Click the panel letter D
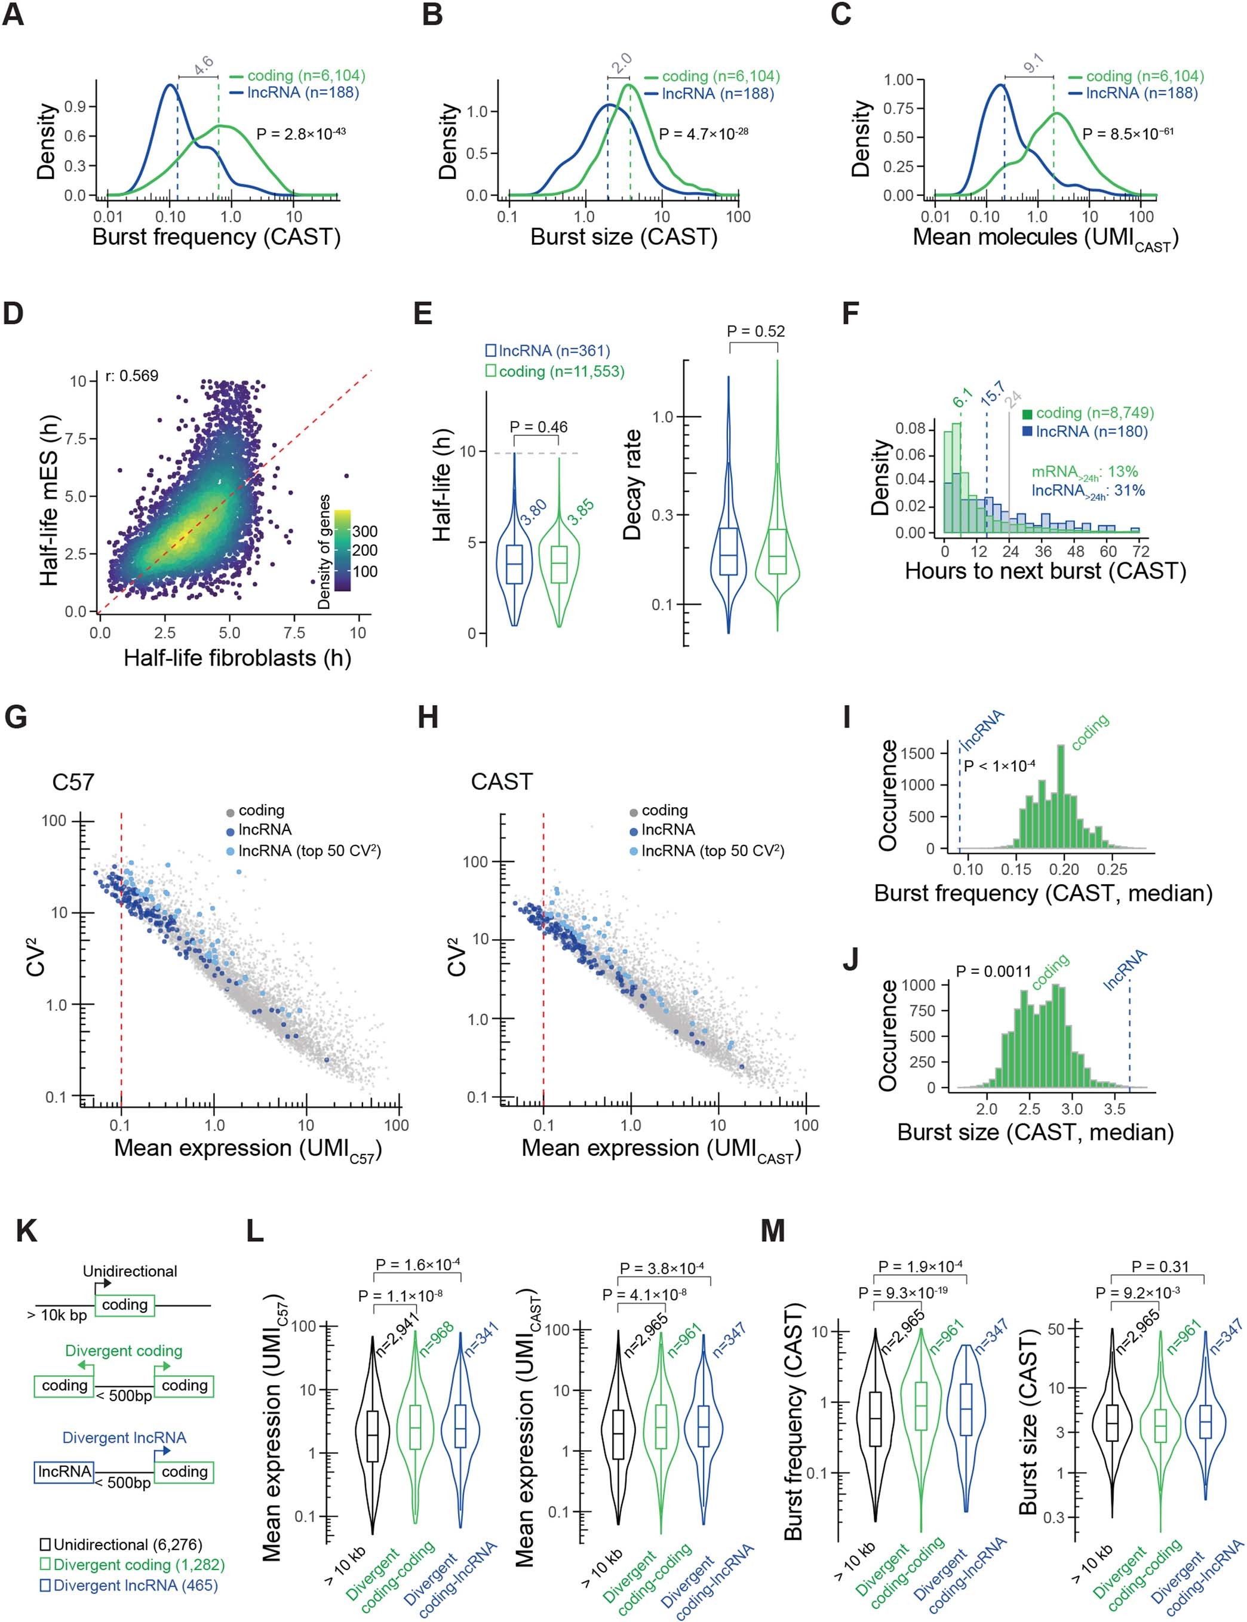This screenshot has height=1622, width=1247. tap(13, 313)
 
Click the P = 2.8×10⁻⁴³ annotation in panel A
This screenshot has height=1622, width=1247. tap(300, 134)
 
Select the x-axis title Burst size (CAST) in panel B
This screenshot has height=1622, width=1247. tap(623, 238)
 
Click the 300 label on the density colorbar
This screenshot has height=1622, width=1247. tap(364, 531)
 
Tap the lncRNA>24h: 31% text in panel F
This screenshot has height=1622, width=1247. tap(1088, 491)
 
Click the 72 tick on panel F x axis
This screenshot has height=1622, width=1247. tap(1141, 550)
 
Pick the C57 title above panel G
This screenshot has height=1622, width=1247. tap(73, 782)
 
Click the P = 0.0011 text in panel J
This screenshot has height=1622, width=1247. tap(993, 971)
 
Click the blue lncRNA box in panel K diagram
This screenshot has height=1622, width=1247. tap(64, 1472)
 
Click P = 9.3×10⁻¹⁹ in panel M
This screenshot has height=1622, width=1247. tap(902, 1292)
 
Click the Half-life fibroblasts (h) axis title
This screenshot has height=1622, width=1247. tap(236, 658)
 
